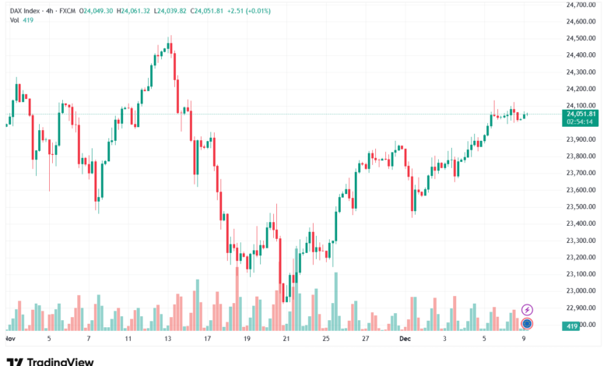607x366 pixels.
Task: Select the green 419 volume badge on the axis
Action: coord(572,326)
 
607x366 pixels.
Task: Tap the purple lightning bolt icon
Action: coord(527,310)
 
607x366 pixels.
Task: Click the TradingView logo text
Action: coord(61,361)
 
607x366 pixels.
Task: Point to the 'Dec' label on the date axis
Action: coord(404,340)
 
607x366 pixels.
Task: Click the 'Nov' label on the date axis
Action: coord(9,340)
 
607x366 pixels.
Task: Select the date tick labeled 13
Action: coord(167,340)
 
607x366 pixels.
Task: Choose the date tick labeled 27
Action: coord(365,340)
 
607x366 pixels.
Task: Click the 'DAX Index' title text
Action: coord(28,10)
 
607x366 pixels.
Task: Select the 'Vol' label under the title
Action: coord(15,20)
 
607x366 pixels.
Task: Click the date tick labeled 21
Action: coord(286,340)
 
